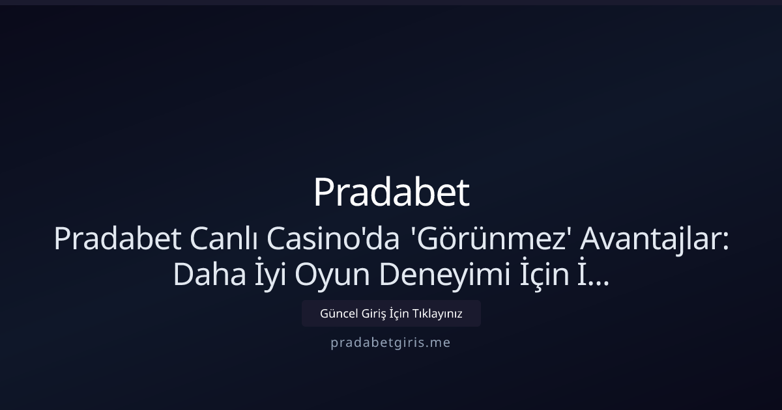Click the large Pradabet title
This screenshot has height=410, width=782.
pyautogui.click(x=391, y=193)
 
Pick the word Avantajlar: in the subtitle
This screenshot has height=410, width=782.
pyautogui.click(x=654, y=239)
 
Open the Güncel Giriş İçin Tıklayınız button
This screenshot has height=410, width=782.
pyautogui.click(x=391, y=314)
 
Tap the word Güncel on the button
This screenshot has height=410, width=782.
pyautogui.click(x=338, y=314)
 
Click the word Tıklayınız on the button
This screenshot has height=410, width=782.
pyautogui.click(x=437, y=314)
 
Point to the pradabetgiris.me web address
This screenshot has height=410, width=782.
pyautogui.click(x=390, y=342)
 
